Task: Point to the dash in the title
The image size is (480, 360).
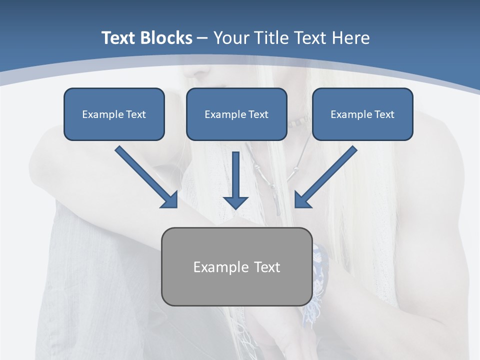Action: tap(202, 38)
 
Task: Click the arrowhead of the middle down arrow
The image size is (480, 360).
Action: tap(235, 202)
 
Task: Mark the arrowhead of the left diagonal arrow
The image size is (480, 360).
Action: tap(170, 200)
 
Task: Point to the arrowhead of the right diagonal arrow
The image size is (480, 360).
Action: tap(302, 200)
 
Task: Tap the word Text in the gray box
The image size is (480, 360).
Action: tap(267, 267)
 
